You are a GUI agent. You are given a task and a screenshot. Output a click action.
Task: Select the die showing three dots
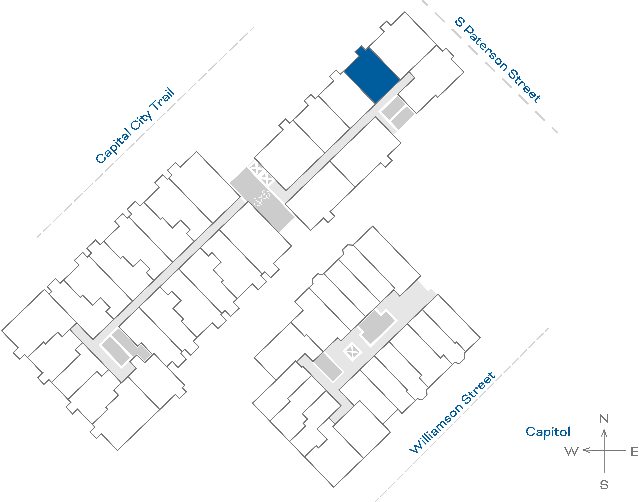258,202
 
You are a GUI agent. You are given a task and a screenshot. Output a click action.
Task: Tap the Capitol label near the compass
548,432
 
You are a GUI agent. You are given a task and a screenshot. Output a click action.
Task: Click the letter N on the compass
604,419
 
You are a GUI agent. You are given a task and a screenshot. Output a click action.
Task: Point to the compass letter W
571,451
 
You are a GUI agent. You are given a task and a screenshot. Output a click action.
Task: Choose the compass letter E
635,451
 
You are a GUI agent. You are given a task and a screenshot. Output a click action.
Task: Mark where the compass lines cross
604,450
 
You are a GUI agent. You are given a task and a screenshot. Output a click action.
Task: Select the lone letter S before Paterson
460,22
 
